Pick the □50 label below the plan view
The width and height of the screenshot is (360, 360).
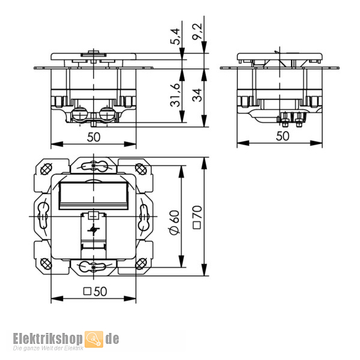tap(94, 292)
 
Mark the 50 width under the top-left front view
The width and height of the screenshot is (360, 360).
tap(94, 136)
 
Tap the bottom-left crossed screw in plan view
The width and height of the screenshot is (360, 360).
tap(46, 262)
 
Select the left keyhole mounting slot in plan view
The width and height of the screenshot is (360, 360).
tap(43, 215)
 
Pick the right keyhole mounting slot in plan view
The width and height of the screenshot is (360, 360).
tap(145, 215)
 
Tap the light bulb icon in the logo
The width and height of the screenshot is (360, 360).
tap(94, 340)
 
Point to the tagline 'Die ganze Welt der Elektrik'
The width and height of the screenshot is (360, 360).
tap(49, 349)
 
